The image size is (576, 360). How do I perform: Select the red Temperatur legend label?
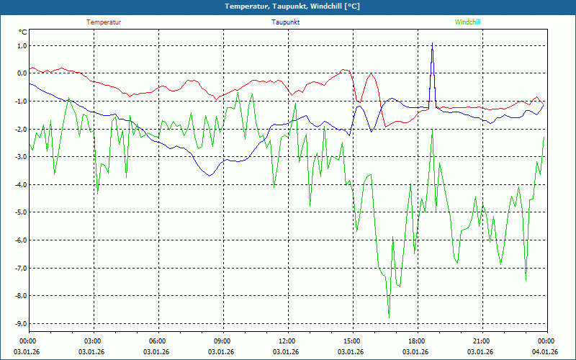pos(104,22)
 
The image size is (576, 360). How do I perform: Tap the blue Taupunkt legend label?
pos(286,22)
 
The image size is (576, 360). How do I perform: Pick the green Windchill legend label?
pos(467,22)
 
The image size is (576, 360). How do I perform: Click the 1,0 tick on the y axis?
pos(21,45)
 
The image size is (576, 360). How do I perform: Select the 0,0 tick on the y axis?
pos(21,73)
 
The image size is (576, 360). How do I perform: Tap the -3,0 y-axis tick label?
pos(20,157)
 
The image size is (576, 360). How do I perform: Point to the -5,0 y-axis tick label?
pos(20,212)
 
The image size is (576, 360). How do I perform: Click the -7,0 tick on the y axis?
pos(20,268)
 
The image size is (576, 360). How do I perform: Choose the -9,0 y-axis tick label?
pos(20,323)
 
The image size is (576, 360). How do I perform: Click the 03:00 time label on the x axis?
pos(93,341)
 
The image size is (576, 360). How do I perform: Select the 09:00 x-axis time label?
pos(222,341)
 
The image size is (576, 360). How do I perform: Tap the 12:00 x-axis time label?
pos(287,341)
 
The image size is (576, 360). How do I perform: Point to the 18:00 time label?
pos(416,341)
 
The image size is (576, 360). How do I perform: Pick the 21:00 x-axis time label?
pos(481,341)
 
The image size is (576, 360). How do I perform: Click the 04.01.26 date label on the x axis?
pos(545,352)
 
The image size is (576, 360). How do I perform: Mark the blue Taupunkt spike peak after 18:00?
pos(432,43)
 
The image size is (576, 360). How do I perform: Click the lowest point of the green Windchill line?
pos(389,318)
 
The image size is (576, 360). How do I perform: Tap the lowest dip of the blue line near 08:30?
pos(210,176)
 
